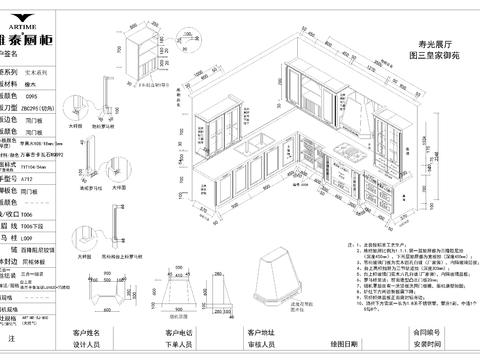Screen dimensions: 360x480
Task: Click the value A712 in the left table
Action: click(57, 173)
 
